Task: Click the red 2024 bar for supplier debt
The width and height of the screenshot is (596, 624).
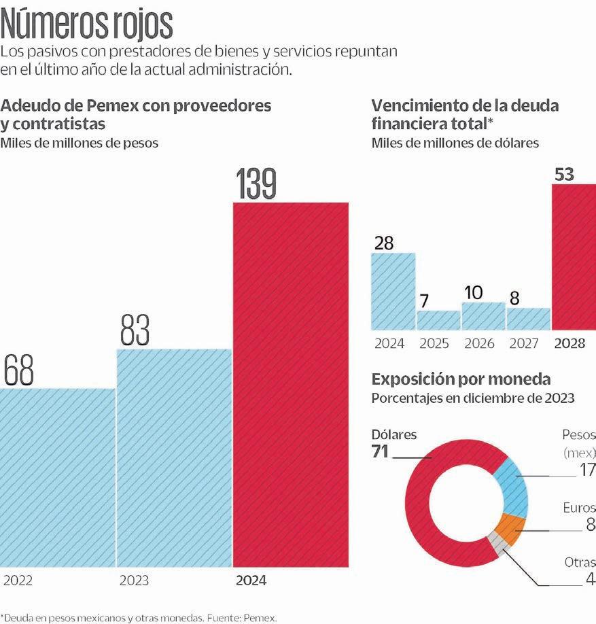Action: click(x=290, y=384)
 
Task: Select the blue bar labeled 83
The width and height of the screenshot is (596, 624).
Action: click(x=174, y=457)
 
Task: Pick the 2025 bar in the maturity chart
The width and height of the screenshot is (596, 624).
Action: click(x=438, y=320)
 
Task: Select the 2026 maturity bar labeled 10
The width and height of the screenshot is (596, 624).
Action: click(x=483, y=316)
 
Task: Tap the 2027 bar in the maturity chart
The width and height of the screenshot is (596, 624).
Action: click(x=528, y=319)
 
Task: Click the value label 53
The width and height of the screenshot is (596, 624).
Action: click(x=564, y=174)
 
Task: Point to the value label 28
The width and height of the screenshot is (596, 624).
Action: click(x=384, y=243)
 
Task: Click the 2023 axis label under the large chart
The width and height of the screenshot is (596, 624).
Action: click(x=134, y=581)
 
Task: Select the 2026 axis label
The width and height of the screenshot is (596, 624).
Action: click(x=479, y=343)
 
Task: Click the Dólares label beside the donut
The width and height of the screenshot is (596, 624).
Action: click(x=394, y=435)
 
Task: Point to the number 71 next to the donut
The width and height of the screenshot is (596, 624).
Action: click(x=380, y=451)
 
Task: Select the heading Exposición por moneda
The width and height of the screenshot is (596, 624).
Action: click(x=461, y=379)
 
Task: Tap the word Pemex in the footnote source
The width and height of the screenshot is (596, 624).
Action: click(x=262, y=619)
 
